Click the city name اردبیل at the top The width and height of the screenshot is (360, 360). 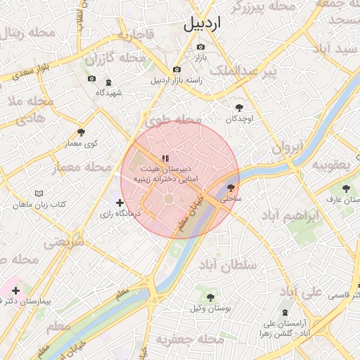[202, 24]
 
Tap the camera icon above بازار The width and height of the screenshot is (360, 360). [201, 46]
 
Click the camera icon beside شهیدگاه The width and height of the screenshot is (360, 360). [91, 79]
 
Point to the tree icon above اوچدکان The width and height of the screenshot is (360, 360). [240, 108]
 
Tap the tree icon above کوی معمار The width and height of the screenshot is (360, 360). [82, 131]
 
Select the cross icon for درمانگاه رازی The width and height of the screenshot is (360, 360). [120, 202]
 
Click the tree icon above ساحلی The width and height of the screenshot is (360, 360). [231, 188]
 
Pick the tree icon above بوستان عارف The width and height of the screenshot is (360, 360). [346, 188]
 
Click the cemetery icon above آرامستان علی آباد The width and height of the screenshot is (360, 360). [285, 312]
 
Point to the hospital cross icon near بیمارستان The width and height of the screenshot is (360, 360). [15, 290]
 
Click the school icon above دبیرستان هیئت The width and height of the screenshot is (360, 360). [165, 159]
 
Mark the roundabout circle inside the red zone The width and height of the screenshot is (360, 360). [169, 200]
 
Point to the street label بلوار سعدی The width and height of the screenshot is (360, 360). [32, 73]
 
